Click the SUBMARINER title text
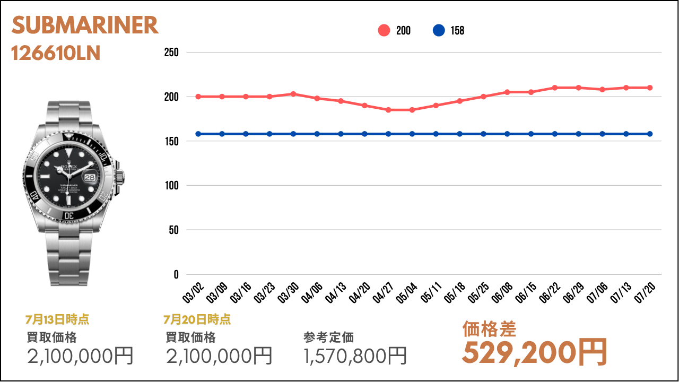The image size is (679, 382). tap(85, 25)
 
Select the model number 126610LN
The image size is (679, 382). tap(56, 54)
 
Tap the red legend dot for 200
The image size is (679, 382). tap(384, 31)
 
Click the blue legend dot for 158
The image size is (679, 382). tap(439, 31)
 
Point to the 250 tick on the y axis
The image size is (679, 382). tap(172, 53)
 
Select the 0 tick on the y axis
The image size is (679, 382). tap(176, 274)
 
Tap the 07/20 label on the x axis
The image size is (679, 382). tap(648, 292)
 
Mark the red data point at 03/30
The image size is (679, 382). tap(293, 94)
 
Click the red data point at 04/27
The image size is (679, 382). tap(388, 110)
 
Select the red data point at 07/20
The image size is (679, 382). tap(650, 88)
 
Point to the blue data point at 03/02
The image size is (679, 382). tap(198, 134)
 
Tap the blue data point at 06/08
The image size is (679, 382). tap(507, 134)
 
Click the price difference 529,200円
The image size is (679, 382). tap(534, 352)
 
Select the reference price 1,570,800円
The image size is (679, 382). tap(355, 355)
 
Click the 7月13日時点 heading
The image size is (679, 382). tap(57, 319)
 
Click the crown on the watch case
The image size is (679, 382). tap(121, 176)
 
